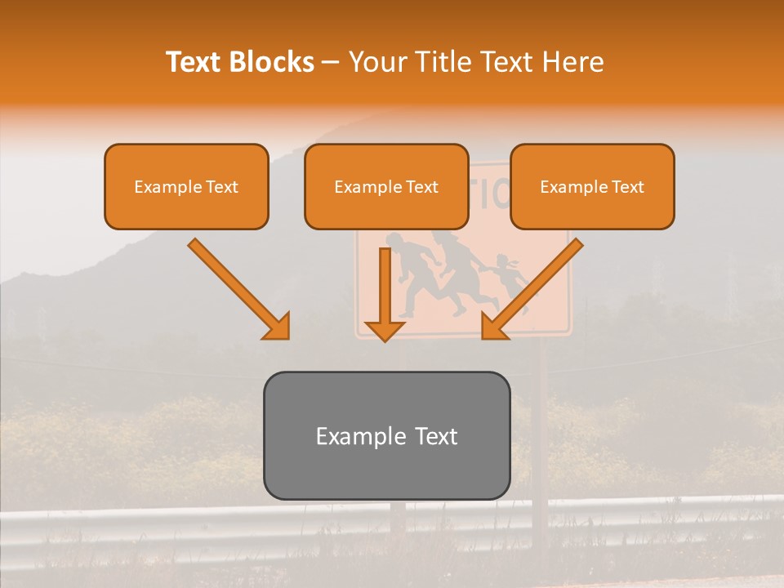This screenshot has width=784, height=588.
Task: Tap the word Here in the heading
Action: point(573,62)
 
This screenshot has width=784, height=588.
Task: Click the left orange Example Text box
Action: point(186,187)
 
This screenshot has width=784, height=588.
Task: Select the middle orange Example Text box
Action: point(386,187)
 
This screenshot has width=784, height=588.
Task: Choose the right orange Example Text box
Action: point(592,187)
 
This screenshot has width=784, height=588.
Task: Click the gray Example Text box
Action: point(387,436)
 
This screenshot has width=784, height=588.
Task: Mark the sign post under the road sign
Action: point(539,425)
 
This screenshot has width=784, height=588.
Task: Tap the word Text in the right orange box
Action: point(628,187)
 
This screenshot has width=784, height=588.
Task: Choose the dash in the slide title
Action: point(331,62)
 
